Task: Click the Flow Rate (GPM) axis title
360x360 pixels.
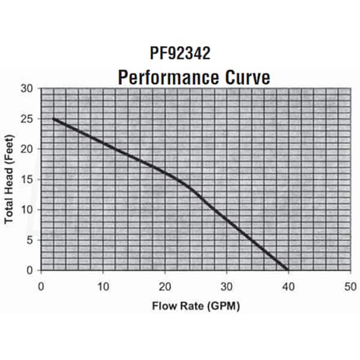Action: point(194,306)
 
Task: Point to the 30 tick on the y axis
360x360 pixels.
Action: point(28,88)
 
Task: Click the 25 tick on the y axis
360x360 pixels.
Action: point(28,119)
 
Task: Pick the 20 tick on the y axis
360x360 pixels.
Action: point(28,149)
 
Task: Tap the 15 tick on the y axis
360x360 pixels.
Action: point(28,179)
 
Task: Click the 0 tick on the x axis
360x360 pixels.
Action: point(41,286)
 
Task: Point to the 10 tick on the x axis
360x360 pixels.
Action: point(103,286)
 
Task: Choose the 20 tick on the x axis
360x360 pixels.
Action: point(164,286)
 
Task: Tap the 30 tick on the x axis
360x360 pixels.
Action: point(226,286)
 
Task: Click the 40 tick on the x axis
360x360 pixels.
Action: point(288,286)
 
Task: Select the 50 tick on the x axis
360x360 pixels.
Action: point(350,286)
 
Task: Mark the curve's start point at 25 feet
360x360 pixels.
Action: point(53,119)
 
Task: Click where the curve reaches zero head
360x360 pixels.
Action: point(287,269)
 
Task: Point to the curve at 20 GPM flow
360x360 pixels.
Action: point(164,173)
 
